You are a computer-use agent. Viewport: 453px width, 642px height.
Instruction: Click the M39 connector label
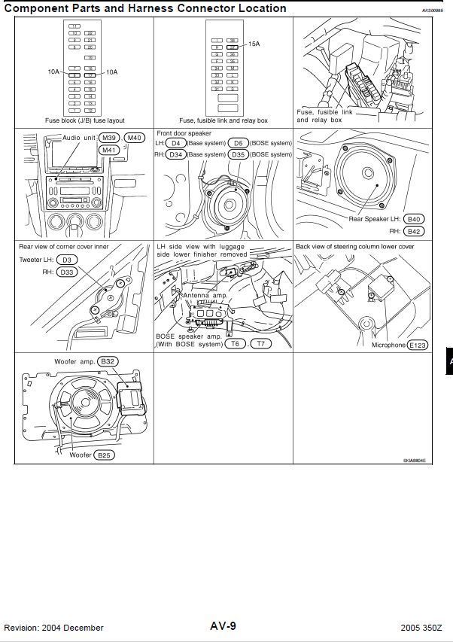point(110,138)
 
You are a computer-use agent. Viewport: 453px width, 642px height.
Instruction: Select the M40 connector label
point(135,138)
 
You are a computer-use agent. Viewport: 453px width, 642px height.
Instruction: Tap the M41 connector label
point(109,149)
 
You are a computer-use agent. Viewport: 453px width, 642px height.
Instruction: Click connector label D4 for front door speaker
point(175,143)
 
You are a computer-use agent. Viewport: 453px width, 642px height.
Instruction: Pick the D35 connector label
point(239,154)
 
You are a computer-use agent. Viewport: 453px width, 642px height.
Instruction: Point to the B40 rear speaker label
point(414,219)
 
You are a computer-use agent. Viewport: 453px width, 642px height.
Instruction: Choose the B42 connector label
point(414,231)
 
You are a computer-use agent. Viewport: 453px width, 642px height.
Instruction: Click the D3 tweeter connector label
point(66,260)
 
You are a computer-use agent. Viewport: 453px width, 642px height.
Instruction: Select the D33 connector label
point(68,272)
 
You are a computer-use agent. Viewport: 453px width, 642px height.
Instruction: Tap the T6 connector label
point(235,344)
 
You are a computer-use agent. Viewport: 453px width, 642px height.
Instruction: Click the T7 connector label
point(260,344)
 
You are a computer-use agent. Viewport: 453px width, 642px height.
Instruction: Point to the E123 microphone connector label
point(417,345)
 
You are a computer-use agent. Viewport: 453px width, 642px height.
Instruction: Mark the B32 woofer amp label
point(108,361)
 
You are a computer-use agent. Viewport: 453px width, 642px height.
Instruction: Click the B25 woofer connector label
point(104,455)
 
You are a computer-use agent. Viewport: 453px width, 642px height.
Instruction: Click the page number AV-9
point(223,626)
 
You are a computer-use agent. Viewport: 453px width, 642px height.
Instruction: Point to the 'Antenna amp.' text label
point(205,296)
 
